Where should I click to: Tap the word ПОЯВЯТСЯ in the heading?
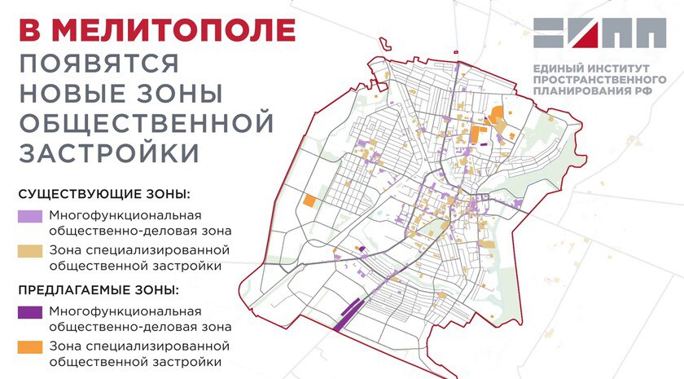[100, 64]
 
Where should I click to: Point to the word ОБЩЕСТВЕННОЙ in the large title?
[145, 123]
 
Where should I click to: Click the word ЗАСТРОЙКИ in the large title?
[108, 153]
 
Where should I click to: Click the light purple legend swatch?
[28, 217]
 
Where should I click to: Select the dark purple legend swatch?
[28, 311]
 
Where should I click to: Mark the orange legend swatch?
[28, 346]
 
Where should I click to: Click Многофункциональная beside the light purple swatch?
[125, 215]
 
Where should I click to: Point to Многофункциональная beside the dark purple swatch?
[125, 311]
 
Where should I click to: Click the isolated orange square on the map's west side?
[309, 201]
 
